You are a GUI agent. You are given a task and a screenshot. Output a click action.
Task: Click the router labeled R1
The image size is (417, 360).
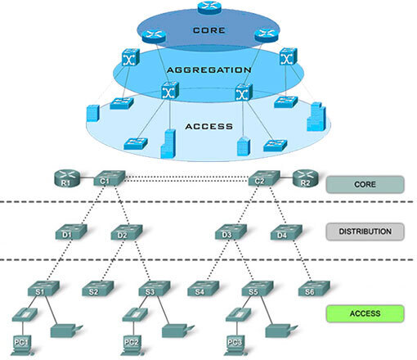(67, 178)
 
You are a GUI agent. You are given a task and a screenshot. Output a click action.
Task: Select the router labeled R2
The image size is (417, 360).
(305, 178)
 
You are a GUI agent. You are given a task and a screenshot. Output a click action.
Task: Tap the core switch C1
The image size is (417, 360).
(110, 178)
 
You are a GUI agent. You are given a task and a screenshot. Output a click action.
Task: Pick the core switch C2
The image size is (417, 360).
(264, 178)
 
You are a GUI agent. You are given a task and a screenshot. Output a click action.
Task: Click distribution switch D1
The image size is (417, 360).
(71, 232)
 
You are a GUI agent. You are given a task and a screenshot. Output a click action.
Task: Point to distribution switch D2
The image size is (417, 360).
(127, 232)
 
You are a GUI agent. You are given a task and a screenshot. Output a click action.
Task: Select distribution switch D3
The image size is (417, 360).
(231, 232)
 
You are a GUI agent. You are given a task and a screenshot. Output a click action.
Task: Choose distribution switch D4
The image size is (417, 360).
(286, 232)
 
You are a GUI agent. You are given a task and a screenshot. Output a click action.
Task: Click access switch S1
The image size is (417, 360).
(43, 289)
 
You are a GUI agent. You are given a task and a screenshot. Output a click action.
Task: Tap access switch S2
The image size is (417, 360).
(98, 289)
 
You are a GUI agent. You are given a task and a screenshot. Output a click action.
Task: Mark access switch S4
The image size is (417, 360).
(204, 289)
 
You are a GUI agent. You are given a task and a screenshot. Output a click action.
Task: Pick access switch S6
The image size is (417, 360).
(314, 289)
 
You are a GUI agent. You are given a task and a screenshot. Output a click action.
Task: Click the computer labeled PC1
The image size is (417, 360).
(22, 345)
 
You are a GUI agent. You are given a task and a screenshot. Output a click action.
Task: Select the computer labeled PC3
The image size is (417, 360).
(235, 345)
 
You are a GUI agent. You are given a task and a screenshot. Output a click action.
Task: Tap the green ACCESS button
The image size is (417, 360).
(365, 313)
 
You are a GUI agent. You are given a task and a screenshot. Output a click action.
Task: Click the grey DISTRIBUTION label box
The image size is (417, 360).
(365, 232)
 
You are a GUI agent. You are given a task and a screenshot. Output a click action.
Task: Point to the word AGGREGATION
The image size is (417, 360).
(209, 70)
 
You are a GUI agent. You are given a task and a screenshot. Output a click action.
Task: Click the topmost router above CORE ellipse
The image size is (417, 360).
(209, 7)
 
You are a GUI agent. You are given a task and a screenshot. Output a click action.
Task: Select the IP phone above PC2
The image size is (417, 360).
(135, 315)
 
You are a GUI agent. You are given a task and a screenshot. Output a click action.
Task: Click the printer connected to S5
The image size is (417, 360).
(281, 331)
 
